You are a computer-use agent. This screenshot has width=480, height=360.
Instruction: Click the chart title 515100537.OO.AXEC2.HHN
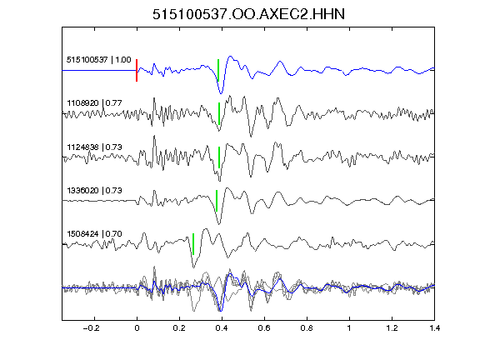click(248, 14)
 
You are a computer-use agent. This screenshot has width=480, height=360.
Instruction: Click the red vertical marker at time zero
click(137, 70)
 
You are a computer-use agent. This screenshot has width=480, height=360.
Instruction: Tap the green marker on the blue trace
click(218, 70)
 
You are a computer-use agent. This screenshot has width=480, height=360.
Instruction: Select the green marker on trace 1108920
click(219, 113)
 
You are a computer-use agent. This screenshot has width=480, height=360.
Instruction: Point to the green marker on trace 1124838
click(219, 157)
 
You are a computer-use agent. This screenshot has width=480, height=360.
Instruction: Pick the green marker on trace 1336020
click(217, 201)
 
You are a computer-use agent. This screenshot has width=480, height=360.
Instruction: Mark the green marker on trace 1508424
click(193, 244)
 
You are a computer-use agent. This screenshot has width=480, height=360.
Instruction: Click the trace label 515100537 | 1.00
click(99, 60)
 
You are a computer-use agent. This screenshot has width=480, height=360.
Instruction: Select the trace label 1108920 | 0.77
click(94, 103)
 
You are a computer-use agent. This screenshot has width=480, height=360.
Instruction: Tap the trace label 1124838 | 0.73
click(94, 147)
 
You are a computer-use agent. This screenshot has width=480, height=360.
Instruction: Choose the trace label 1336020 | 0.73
click(94, 191)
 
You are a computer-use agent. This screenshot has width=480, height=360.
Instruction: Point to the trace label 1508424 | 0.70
click(94, 234)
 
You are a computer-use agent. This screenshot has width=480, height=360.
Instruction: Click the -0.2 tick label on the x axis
click(92, 328)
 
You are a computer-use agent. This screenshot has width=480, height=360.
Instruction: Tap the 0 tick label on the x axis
click(137, 328)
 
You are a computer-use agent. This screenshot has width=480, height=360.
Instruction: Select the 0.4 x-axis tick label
click(222, 328)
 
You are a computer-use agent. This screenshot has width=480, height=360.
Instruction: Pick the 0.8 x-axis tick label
click(307, 328)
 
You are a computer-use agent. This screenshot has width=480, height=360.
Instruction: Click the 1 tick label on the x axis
click(349, 328)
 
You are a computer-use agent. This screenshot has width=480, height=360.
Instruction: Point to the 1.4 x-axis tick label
click(434, 328)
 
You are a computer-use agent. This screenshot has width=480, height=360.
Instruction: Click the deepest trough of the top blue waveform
click(221, 93)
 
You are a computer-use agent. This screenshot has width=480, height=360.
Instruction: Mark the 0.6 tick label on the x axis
click(264, 328)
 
